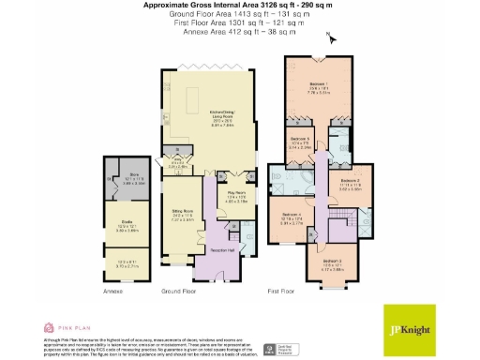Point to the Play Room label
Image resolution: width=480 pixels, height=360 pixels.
click(x=234, y=196)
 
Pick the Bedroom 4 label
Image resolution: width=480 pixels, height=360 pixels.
click(x=292, y=213)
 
